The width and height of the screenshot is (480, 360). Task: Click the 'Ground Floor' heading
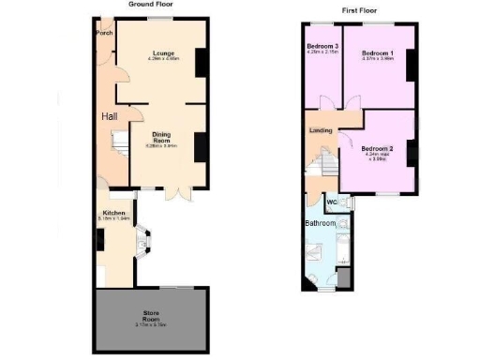pyautogui.click(x=150, y=4)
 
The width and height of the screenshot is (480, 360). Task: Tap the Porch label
pyautogui.click(x=103, y=35)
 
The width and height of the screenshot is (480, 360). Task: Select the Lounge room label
pyautogui.click(x=165, y=52)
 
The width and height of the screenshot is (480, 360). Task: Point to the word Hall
pyautogui.click(x=110, y=116)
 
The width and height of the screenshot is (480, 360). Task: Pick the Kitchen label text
pyautogui.click(x=114, y=213)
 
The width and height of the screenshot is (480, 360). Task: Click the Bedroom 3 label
pyautogui.click(x=323, y=46)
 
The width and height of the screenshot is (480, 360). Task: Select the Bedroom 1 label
pyautogui.click(x=378, y=52)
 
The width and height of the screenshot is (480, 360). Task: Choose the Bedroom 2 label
pyautogui.click(x=377, y=149)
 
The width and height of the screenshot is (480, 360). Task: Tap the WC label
pyautogui.click(x=332, y=202)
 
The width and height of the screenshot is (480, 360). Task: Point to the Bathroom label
pyautogui.click(x=320, y=224)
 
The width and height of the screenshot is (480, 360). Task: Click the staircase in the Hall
pyautogui.click(x=121, y=143)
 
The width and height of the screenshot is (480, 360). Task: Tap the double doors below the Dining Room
pyautogui.click(x=178, y=192)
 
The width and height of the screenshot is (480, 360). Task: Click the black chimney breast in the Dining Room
pyautogui.click(x=201, y=147)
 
